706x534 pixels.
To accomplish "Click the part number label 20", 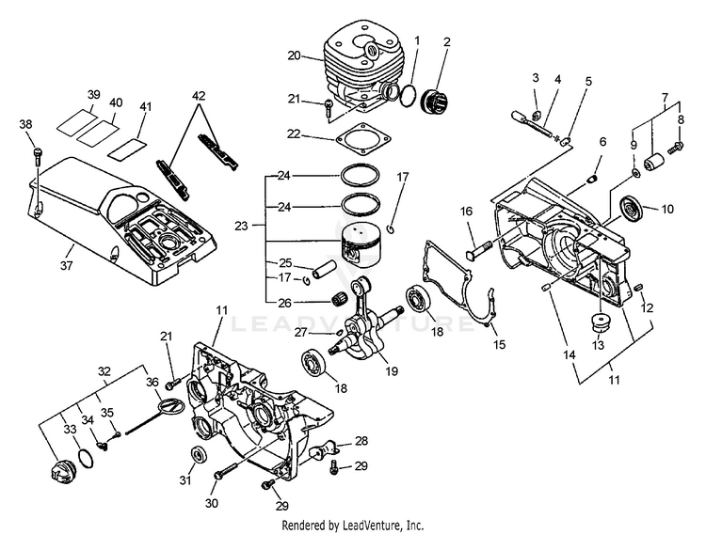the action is click(294, 55).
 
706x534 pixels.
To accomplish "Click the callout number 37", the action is click(66, 265).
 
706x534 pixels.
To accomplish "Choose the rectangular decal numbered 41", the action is click(127, 149).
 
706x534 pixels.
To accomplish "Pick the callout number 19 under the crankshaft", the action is click(392, 370).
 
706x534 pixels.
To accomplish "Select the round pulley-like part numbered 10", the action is click(630, 209).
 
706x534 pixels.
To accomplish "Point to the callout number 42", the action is click(199, 96).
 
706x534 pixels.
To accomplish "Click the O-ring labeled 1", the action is click(409, 96).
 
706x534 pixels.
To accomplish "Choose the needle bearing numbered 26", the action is click(343, 300).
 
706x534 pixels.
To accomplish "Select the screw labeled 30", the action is click(226, 471).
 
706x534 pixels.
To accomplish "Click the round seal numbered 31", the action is click(200, 455).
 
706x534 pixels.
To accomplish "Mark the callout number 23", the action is click(241, 226).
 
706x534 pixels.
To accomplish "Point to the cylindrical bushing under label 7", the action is click(654, 162).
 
